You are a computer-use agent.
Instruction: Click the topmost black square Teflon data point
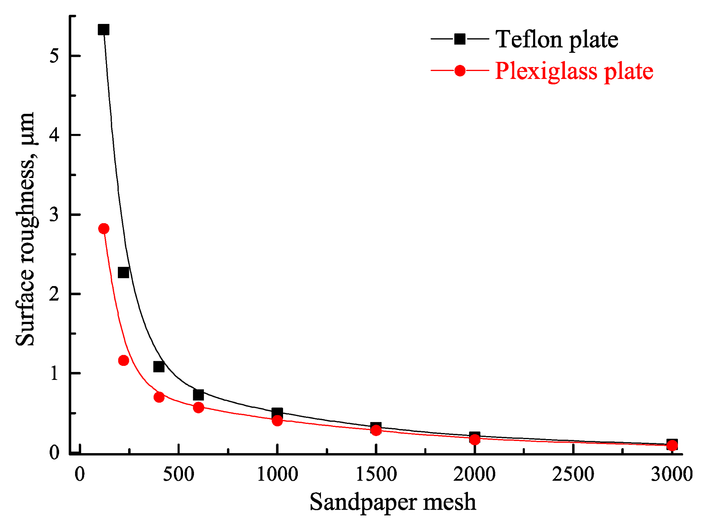pyautogui.click(x=103, y=30)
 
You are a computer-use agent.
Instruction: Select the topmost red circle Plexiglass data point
pyautogui.click(x=103, y=228)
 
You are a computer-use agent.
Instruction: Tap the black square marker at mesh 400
pyautogui.click(x=159, y=367)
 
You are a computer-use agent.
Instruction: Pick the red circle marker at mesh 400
pyautogui.click(x=159, y=397)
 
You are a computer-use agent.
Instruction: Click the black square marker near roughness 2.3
pyautogui.click(x=124, y=272)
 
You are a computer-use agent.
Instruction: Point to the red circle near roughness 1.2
pyautogui.click(x=124, y=360)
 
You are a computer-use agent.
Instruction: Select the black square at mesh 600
pyautogui.click(x=198, y=395)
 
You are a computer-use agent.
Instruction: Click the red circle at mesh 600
pyautogui.click(x=199, y=408)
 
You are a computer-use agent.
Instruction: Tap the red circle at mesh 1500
pyautogui.click(x=376, y=430)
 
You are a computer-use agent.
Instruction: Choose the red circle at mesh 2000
pyautogui.click(x=475, y=439)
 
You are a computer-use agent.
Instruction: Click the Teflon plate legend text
pyautogui.click(x=557, y=39)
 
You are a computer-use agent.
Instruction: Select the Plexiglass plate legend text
pyautogui.click(x=574, y=71)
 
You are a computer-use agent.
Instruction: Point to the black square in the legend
pyautogui.click(x=460, y=39)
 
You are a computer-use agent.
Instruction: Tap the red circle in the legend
pyautogui.click(x=460, y=71)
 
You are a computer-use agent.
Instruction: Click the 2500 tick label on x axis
pyautogui.click(x=573, y=474)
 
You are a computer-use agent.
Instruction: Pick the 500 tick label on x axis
pyautogui.click(x=178, y=474)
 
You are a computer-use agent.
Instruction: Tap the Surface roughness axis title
pyautogui.click(x=26, y=228)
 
